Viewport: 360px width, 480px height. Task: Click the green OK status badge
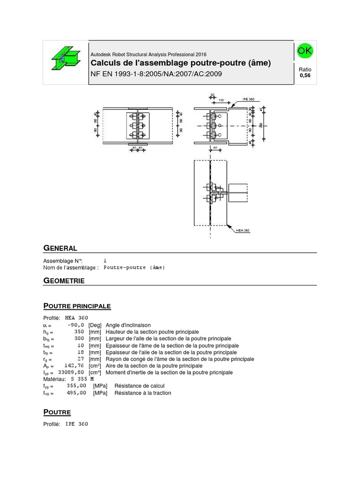(305, 51)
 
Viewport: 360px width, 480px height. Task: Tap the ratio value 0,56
(305, 75)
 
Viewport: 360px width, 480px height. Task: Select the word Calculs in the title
(104, 63)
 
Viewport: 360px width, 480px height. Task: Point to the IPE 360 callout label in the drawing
(249, 100)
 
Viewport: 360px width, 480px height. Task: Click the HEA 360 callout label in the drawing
(243, 231)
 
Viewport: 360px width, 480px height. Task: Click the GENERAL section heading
(60, 248)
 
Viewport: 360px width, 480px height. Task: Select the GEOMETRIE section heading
(64, 281)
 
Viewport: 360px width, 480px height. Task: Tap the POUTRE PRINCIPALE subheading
(77, 306)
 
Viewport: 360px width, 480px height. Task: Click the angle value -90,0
(75, 324)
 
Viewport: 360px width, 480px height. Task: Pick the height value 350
(79, 331)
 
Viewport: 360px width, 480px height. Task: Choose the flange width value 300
(79, 338)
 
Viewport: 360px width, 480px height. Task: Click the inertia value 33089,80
(71, 372)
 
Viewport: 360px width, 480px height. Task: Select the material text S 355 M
(82, 379)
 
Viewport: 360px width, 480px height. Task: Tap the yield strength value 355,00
(76, 386)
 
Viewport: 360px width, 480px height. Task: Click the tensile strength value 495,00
(76, 393)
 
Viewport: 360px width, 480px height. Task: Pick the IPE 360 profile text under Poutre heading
(76, 424)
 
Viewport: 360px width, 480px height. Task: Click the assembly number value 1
(105, 261)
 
